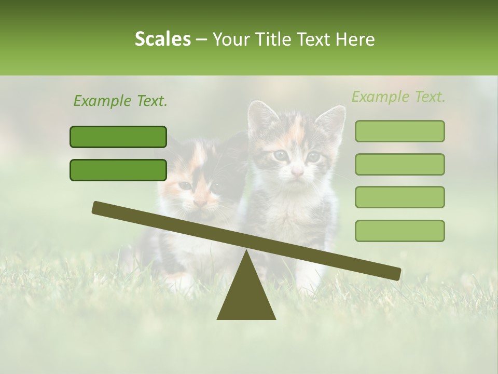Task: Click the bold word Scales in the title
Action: coord(162,39)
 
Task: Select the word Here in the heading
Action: coord(356,39)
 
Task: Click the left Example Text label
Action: coord(120,101)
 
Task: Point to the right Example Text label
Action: coord(398,97)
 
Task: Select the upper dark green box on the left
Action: coord(118,137)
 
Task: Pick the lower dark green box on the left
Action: coord(118,170)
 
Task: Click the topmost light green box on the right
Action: coord(399,131)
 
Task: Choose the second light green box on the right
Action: coord(399,164)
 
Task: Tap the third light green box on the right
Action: coord(399,197)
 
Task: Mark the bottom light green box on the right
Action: coord(399,231)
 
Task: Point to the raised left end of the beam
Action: coord(99,207)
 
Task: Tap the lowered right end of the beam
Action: coord(394,273)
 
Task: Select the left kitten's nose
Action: coord(200,201)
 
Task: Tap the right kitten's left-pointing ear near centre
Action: coord(259,116)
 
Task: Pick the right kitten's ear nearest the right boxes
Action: coord(334,119)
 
